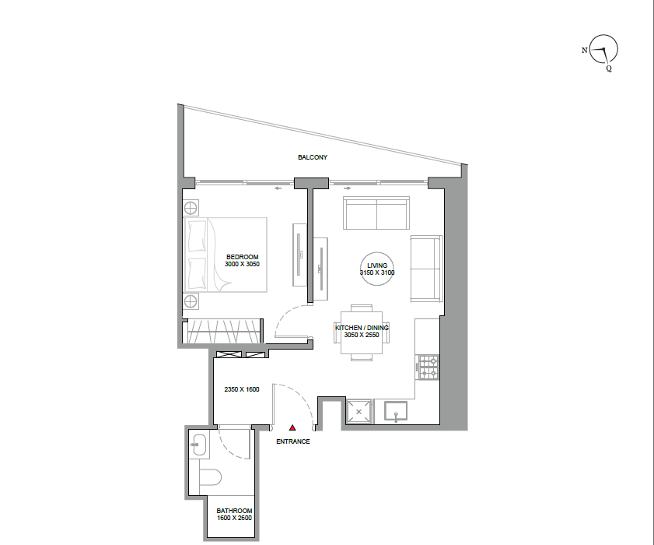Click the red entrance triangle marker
coord(292,427)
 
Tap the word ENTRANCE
coord(293,441)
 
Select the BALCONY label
coord(313,157)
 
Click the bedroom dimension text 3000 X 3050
coord(242,264)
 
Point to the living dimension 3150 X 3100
coord(377,272)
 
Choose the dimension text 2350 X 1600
coord(242,389)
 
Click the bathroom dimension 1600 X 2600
coord(234,518)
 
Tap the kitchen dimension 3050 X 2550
coord(362,335)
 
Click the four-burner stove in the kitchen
coord(428,367)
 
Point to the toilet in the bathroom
coord(210,477)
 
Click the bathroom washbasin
coord(198,445)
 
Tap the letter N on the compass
coord(584,50)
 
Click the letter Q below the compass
coord(609,69)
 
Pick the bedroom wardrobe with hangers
coord(223,332)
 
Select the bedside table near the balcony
coord(191,208)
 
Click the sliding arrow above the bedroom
coord(278,188)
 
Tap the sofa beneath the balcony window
coord(376,213)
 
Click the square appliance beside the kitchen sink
coord(358,412)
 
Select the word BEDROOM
coord(243,257)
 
